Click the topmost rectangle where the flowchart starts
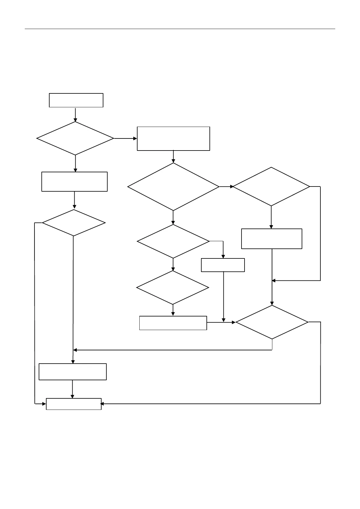(76, 100)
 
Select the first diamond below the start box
(75, 138)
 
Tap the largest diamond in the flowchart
(173, 187)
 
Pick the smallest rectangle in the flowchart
(223, 265)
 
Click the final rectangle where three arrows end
(73, 404)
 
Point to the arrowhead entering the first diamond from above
(75, 119)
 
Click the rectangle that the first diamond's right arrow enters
(173, 139)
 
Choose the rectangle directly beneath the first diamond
(74, 182)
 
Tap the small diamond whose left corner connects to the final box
(73, 223)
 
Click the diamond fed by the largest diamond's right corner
(271, 187)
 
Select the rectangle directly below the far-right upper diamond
(271, 239)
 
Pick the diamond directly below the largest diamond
(173, 241)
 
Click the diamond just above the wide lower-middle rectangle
(173, 287)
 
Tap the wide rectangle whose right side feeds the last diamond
(173, 323)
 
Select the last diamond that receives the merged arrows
(272, 322)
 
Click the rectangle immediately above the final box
(73, 371)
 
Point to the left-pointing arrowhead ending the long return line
(75, 350)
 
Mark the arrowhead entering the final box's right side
(102, 404)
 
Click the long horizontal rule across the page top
(180, 29)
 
